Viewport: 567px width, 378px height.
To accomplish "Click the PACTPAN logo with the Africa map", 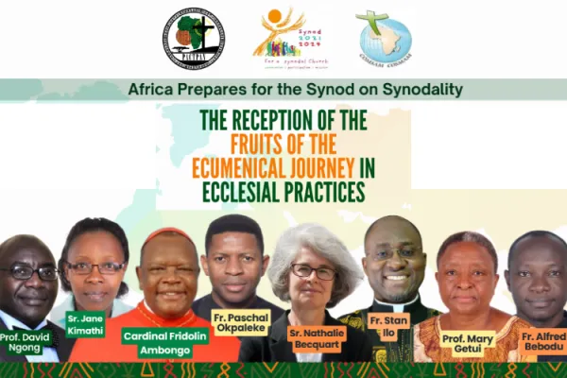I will [x=193, y=40].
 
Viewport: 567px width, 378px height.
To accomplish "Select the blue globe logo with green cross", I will [x=383, y=39].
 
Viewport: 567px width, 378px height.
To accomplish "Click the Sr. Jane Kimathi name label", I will [x=84, y=323].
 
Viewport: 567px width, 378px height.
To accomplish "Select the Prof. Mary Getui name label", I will [x=468, y=342].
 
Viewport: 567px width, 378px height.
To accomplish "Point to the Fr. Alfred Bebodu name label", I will [x=541, y=340].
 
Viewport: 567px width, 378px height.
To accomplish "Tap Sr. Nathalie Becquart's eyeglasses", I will [x=313, y=271].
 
